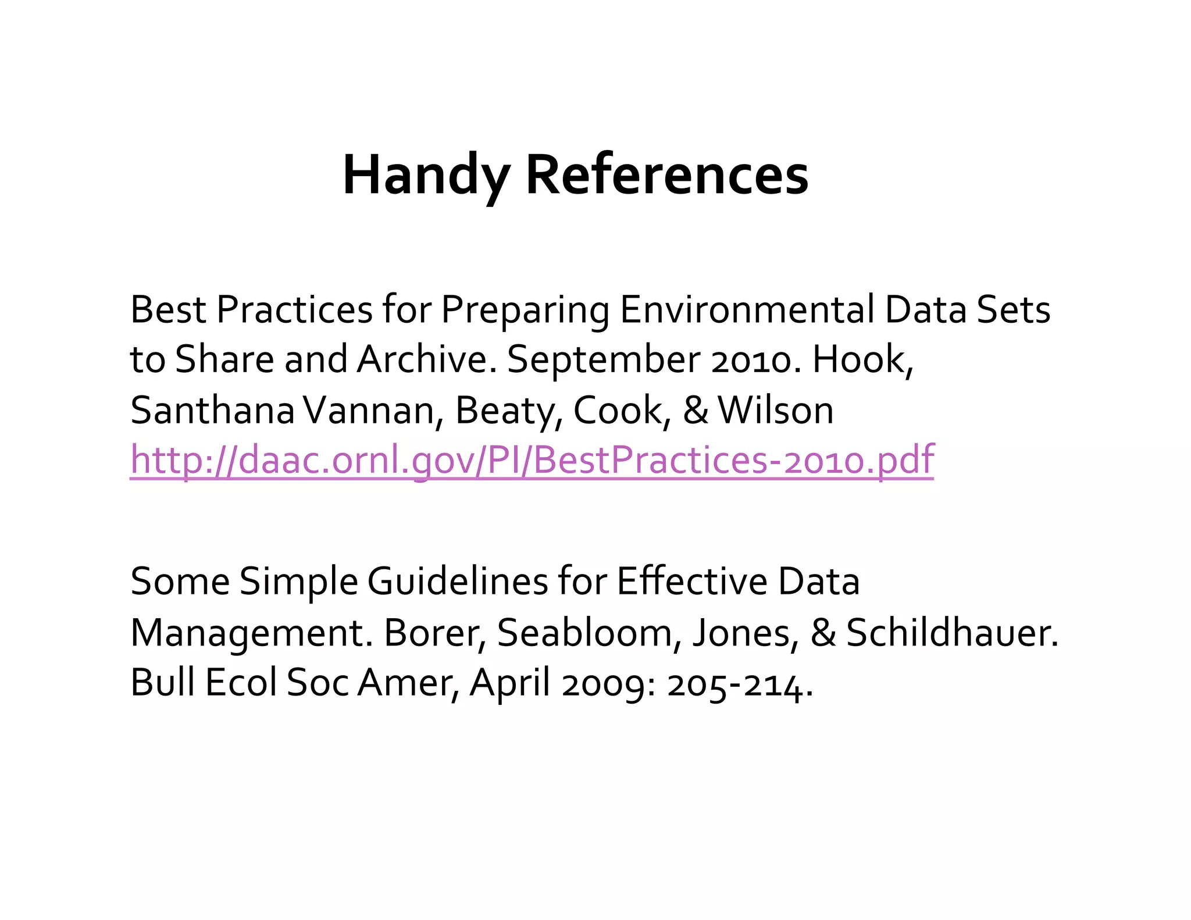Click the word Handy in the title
pyautogui.click(x=426, y=174)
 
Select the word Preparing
pyautogui.click(x=525, y=310)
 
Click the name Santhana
pyautogui.click(x=212, y=410)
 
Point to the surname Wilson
pyautogui.click(x=776, y=410)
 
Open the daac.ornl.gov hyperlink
pyautogui.click(x=532, y=460)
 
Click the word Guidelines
pyautogui.click(x=457, y=581)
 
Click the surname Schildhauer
pyautogui.click(x=951, y=632)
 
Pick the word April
pyautogui.click(x=509, y=683)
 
